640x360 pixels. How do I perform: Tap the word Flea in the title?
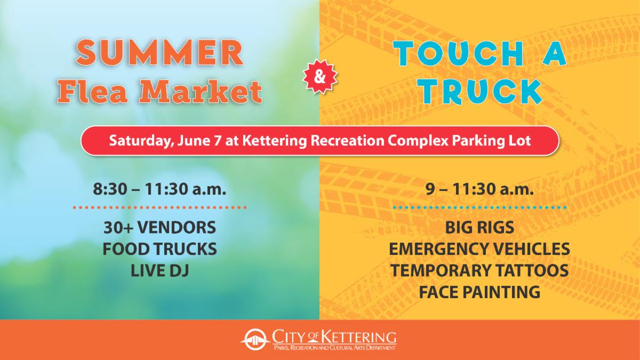pos(93,92)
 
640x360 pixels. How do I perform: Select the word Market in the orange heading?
pos(200,92)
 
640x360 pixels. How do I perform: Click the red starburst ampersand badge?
pos(319,77)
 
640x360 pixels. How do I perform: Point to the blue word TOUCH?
pos(458,54)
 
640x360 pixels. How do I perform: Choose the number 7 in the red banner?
pos(217,141)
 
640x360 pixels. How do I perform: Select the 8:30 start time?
pos(109,189)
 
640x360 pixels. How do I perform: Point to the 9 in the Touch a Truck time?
pos(429,189)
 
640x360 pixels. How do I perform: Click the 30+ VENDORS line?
pos(159,228)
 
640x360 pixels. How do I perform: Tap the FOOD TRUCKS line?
pos(159,249)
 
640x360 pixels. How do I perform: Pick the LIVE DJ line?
pos(159,270)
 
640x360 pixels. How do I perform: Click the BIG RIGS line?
pos(479,228)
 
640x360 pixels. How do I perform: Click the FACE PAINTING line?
pos(479,292)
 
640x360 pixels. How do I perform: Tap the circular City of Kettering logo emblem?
pos(254,341)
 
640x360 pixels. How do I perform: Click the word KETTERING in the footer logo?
pos(358,338)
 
